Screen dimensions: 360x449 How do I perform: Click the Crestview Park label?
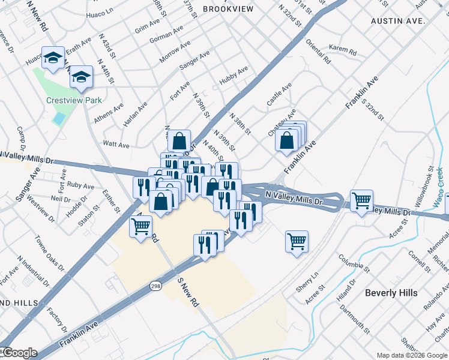(x=74, y=101)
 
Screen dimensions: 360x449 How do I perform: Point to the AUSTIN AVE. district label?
(x=398, y=20)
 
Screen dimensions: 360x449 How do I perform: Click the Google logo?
(x=19, y=353)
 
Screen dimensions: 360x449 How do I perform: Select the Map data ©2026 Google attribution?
(x=411, y=355)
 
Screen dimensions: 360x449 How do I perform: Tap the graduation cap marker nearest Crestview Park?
(x=81, y=77)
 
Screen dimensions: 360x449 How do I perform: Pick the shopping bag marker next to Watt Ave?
(x=179, y=142)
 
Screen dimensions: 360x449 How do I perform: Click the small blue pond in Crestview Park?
(x=58, y=118)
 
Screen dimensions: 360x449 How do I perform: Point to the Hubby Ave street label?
(x=234, y=73)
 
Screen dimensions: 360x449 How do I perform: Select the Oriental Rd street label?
(x=318, y=52)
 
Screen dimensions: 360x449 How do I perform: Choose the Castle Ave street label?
(x=279, y=95)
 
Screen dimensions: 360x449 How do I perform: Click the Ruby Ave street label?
(x=81, y=185)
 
